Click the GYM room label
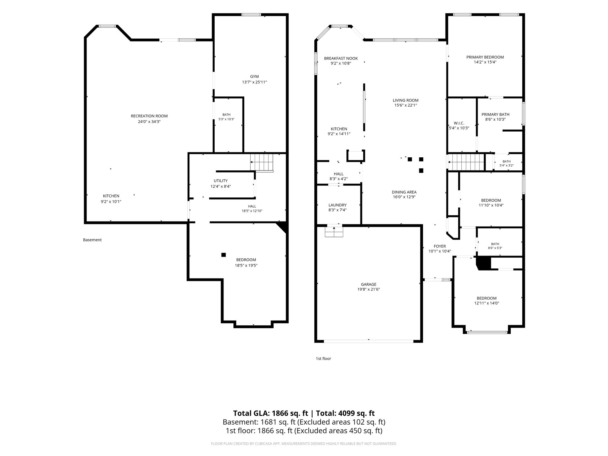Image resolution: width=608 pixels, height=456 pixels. coord(254,77)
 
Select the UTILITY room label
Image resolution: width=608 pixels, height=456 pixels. coord(221,181)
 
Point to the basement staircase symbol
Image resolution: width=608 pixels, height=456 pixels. coord(262,163)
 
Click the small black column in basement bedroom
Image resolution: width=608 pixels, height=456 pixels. coord(224,255)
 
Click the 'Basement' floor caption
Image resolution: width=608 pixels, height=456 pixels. coord(92,240)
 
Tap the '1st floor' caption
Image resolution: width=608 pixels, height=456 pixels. coord(323,359)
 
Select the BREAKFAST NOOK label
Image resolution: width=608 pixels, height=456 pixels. coord(341,58)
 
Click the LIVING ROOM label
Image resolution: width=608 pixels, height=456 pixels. coord(406,100)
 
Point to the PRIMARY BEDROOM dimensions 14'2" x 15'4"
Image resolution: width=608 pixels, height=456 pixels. coord(485,62)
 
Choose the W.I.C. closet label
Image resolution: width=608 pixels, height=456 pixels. coord(459,123)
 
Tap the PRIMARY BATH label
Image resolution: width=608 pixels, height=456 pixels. coord(495,114)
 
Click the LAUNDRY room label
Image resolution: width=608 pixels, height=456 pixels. coord(338,205)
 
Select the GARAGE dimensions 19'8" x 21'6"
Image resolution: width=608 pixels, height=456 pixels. coord(369,289)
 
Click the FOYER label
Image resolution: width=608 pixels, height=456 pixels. coord(440,246)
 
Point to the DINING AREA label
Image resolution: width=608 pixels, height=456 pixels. coord(404,192)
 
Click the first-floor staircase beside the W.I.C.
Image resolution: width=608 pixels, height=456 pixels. coord(466,162)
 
